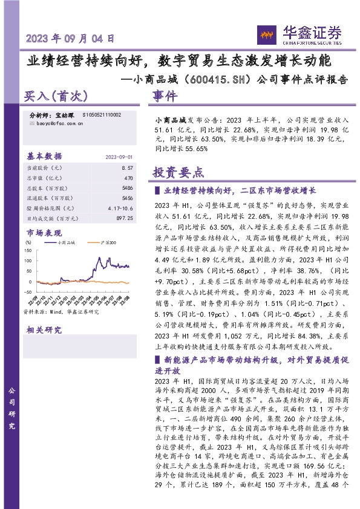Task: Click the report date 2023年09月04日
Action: tap(71, 39)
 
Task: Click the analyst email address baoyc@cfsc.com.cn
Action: tap(56, 123)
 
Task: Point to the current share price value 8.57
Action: tap(127, 167)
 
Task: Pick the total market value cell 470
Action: tap(128, 178)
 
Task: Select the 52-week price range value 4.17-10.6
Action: tap(120, 209)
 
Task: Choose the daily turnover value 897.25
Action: tap(123, 218)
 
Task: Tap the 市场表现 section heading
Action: tap(44, 233)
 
